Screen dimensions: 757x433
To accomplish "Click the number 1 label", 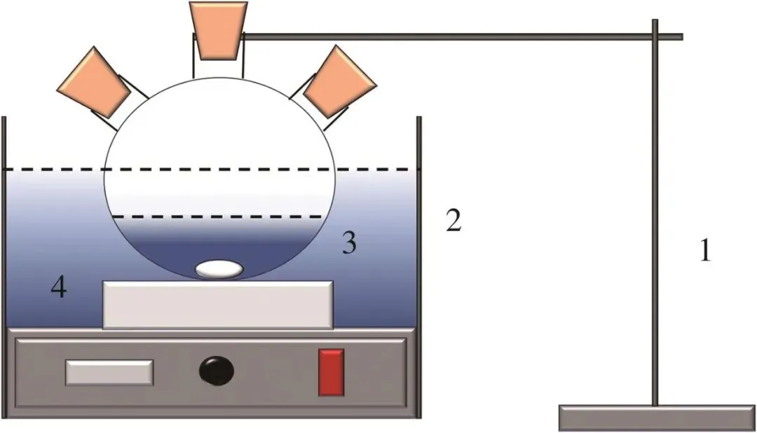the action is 705,251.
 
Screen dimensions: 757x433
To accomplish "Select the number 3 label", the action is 348,243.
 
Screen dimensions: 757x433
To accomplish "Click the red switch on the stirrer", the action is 331,371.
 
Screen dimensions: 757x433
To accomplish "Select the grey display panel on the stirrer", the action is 109,372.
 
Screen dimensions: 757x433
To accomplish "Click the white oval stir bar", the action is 219,270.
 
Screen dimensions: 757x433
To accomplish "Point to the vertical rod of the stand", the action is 655,210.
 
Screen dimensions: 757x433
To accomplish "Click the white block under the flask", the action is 218,304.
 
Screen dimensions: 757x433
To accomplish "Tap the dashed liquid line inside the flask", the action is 218,217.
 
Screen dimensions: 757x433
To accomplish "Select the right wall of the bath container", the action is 420,266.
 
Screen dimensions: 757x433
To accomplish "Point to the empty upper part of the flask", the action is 218,133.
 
